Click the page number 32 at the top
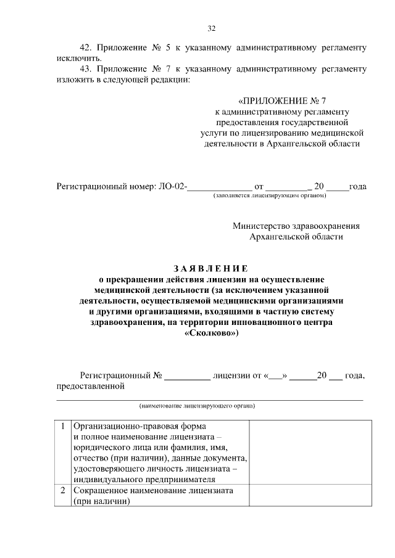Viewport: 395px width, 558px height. [x=211, y=28]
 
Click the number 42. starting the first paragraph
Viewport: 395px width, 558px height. [x=88, y=47]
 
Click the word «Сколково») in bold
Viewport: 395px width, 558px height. [x=210, y=333]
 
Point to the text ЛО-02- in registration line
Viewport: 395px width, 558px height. [x=172, y=186]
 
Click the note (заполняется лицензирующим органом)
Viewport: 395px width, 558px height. [x=269, y=195]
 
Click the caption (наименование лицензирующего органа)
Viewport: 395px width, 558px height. [x=197, y=406]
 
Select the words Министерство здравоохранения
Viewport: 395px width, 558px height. [x=296, y=226]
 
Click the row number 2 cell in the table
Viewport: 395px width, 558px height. [x=63, y=491]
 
